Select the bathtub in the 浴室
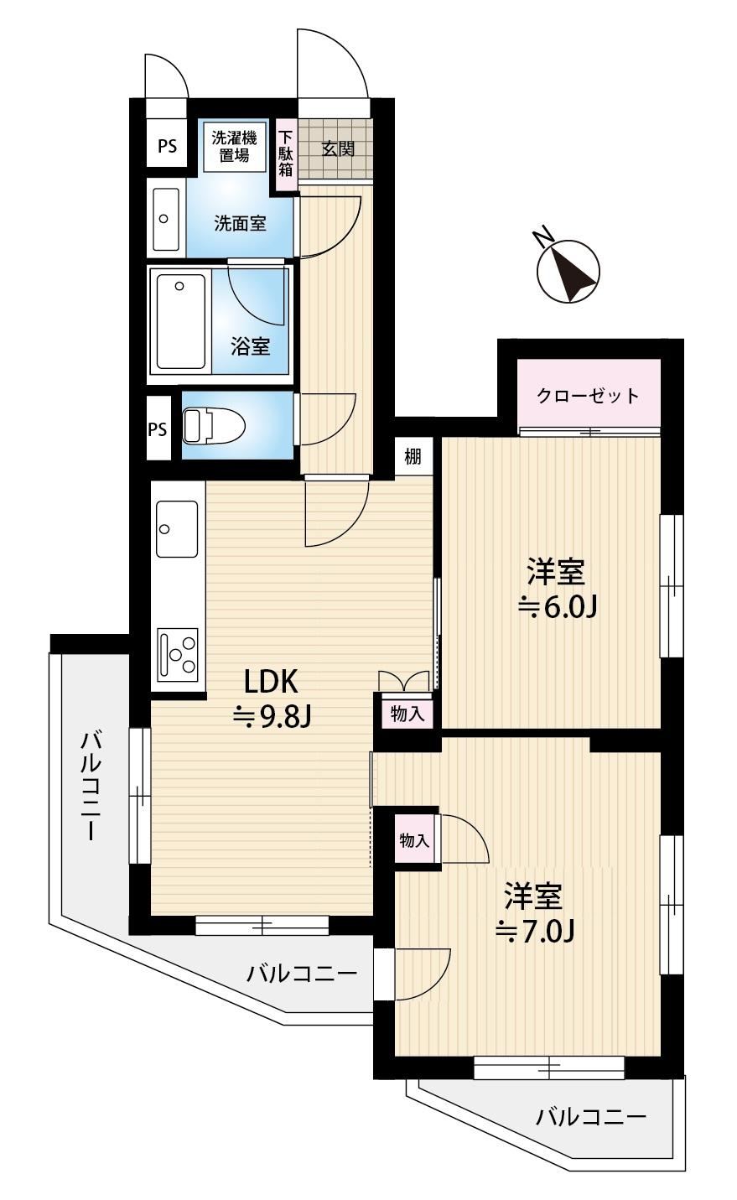pyautogui.click(x=179, y=321)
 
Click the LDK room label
pyautogui.click(x=271, y=680)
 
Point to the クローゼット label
pyautogui.click(x=588, y=396)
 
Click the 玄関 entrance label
pyautogui.click(x=338, y=149)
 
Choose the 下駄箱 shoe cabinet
pyautogui.click(x=285, y=152)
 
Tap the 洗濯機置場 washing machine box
pyautogui.click(x=234, y=147)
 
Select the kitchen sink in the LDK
pyautogui.click(x=177, y=529)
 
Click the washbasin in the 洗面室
pyautogui.click(x=165, y=219)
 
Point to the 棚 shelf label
pyautogui.click(x=413, y=457)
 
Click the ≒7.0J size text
pyautogui.click(x=534, y=929)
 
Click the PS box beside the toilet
pyautogui.click(x=158, y=429)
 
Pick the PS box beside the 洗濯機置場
pyautogui.click(x=167, y=146)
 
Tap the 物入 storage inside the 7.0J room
pyautogui.click(x=415, y=840)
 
